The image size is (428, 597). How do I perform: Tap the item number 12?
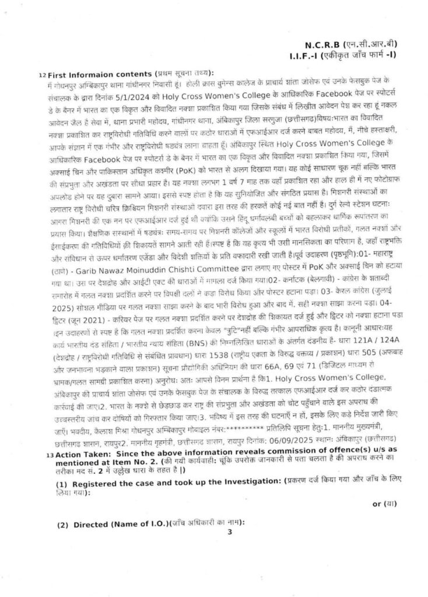41,76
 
